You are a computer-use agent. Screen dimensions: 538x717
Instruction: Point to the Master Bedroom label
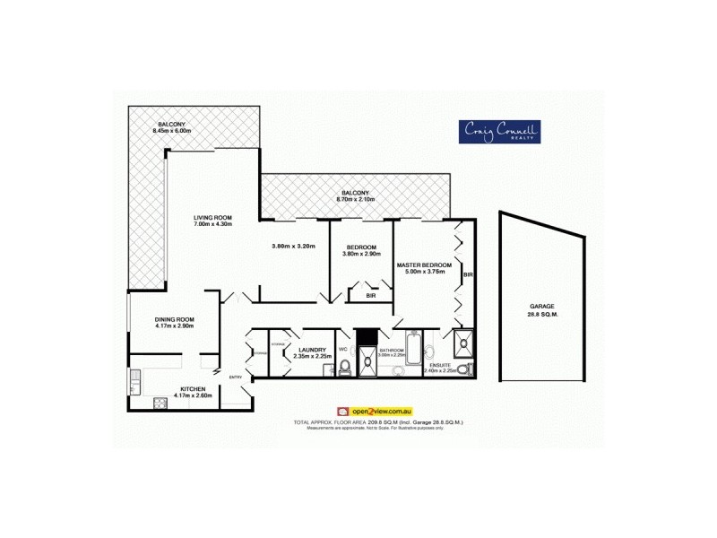[x=424, y=265]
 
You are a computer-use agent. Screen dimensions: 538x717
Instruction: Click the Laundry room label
[x=313, y=351]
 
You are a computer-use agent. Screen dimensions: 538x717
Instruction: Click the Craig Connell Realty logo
[x=498, y=132]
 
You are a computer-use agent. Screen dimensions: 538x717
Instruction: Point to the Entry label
[x=236, y=377]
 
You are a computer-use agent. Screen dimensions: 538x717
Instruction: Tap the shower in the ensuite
[x=463, y=339]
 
